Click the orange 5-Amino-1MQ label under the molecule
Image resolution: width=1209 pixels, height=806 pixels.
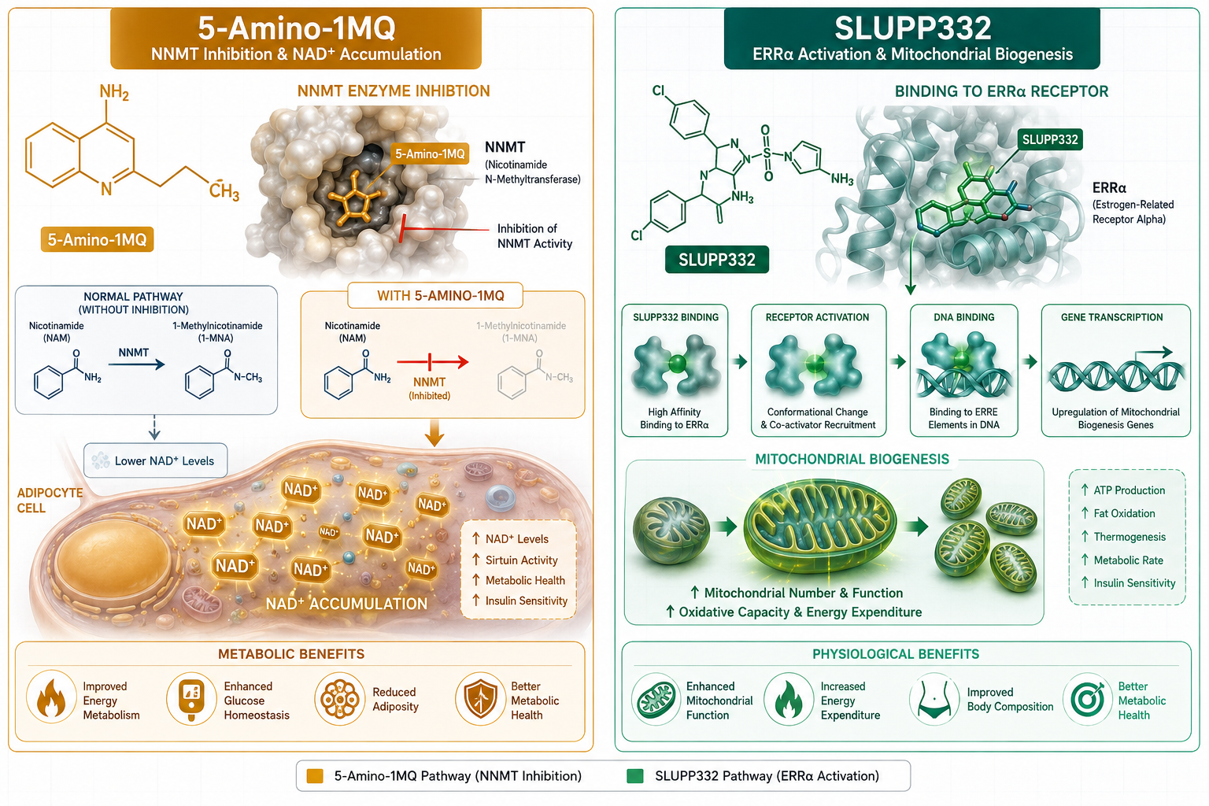tap(97, 240)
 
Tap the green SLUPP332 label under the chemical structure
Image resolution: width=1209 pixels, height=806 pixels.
tap(717, 260)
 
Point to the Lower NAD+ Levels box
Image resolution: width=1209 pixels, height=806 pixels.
tap(155, 460)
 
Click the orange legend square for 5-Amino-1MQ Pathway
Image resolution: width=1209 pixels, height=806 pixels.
tap(315, 776)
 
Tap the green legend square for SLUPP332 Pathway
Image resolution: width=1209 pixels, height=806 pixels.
tap(634, 776)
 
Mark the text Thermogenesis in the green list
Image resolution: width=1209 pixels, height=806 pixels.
tap(1130, 537)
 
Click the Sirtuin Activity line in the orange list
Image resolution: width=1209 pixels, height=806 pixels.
tap(521, 560)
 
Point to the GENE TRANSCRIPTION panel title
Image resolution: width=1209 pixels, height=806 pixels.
tap(1112, 317)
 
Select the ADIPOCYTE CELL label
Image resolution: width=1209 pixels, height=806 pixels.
tap(50, 500)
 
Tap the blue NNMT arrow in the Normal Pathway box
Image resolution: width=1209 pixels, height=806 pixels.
tap(136, 365)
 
